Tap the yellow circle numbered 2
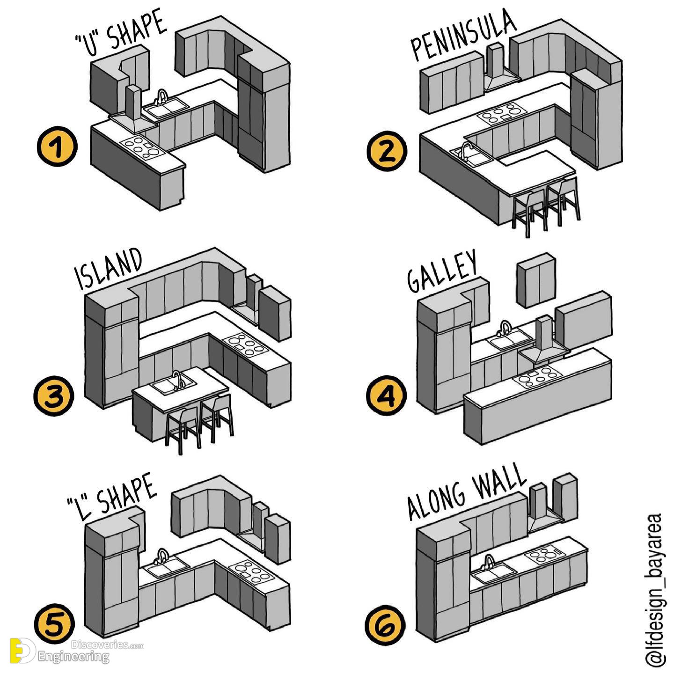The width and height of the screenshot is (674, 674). [x=387, y=152]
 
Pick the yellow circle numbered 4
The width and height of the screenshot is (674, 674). [x=387, y=395]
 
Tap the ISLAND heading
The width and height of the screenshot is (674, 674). [x=109, y=269]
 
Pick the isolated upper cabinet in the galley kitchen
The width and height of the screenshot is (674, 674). [x=536, y=280]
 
